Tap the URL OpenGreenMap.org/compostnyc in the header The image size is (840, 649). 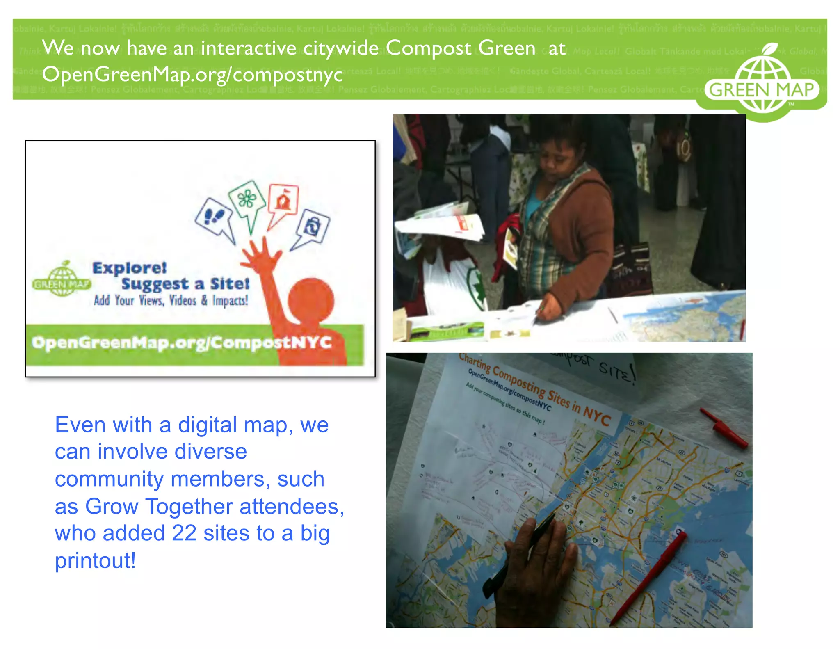(192, 75)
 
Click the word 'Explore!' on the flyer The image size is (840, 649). (130, 268)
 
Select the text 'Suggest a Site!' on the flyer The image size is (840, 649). (185, 284)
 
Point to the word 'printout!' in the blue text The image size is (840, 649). (95, 560)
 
